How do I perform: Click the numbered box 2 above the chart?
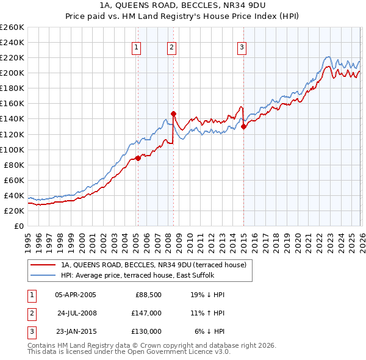pos(171,48)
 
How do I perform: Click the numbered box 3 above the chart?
pos(242,48)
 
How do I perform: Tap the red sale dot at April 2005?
pos(138,158)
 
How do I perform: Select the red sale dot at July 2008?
pos(173,113)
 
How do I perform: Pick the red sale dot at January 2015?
pos(243,126)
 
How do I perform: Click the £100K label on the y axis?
pos(12,149)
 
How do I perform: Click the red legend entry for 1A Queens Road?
pos(153,265)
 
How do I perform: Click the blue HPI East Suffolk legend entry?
pos(143,275)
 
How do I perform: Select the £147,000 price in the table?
pos(146,313)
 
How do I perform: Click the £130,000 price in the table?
pos(146,331)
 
